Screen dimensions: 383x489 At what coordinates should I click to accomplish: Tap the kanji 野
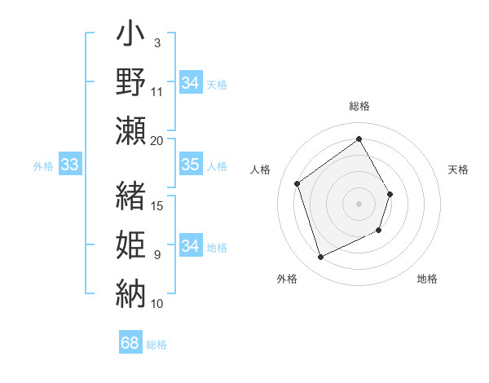131,83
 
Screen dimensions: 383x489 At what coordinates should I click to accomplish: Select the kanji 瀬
131,130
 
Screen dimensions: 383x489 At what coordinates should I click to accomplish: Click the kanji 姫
131,244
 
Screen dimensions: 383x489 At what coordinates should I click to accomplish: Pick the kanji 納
131,292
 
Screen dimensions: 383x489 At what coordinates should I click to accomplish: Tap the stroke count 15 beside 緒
157,205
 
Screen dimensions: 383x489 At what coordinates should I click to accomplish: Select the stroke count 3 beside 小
157,42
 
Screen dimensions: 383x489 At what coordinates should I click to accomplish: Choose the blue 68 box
130,343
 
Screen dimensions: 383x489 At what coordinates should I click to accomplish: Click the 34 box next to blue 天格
190,83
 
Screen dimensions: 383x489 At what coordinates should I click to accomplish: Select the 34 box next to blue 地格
190,246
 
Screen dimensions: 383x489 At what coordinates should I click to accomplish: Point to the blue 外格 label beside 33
43,166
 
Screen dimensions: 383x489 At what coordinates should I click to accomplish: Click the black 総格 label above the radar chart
359,106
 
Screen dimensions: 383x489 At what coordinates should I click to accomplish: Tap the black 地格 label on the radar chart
427,279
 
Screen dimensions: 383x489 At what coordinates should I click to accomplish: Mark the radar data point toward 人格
297,183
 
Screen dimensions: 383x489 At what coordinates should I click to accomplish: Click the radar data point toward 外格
320,258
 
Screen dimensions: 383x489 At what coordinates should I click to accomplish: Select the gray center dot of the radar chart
359,204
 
